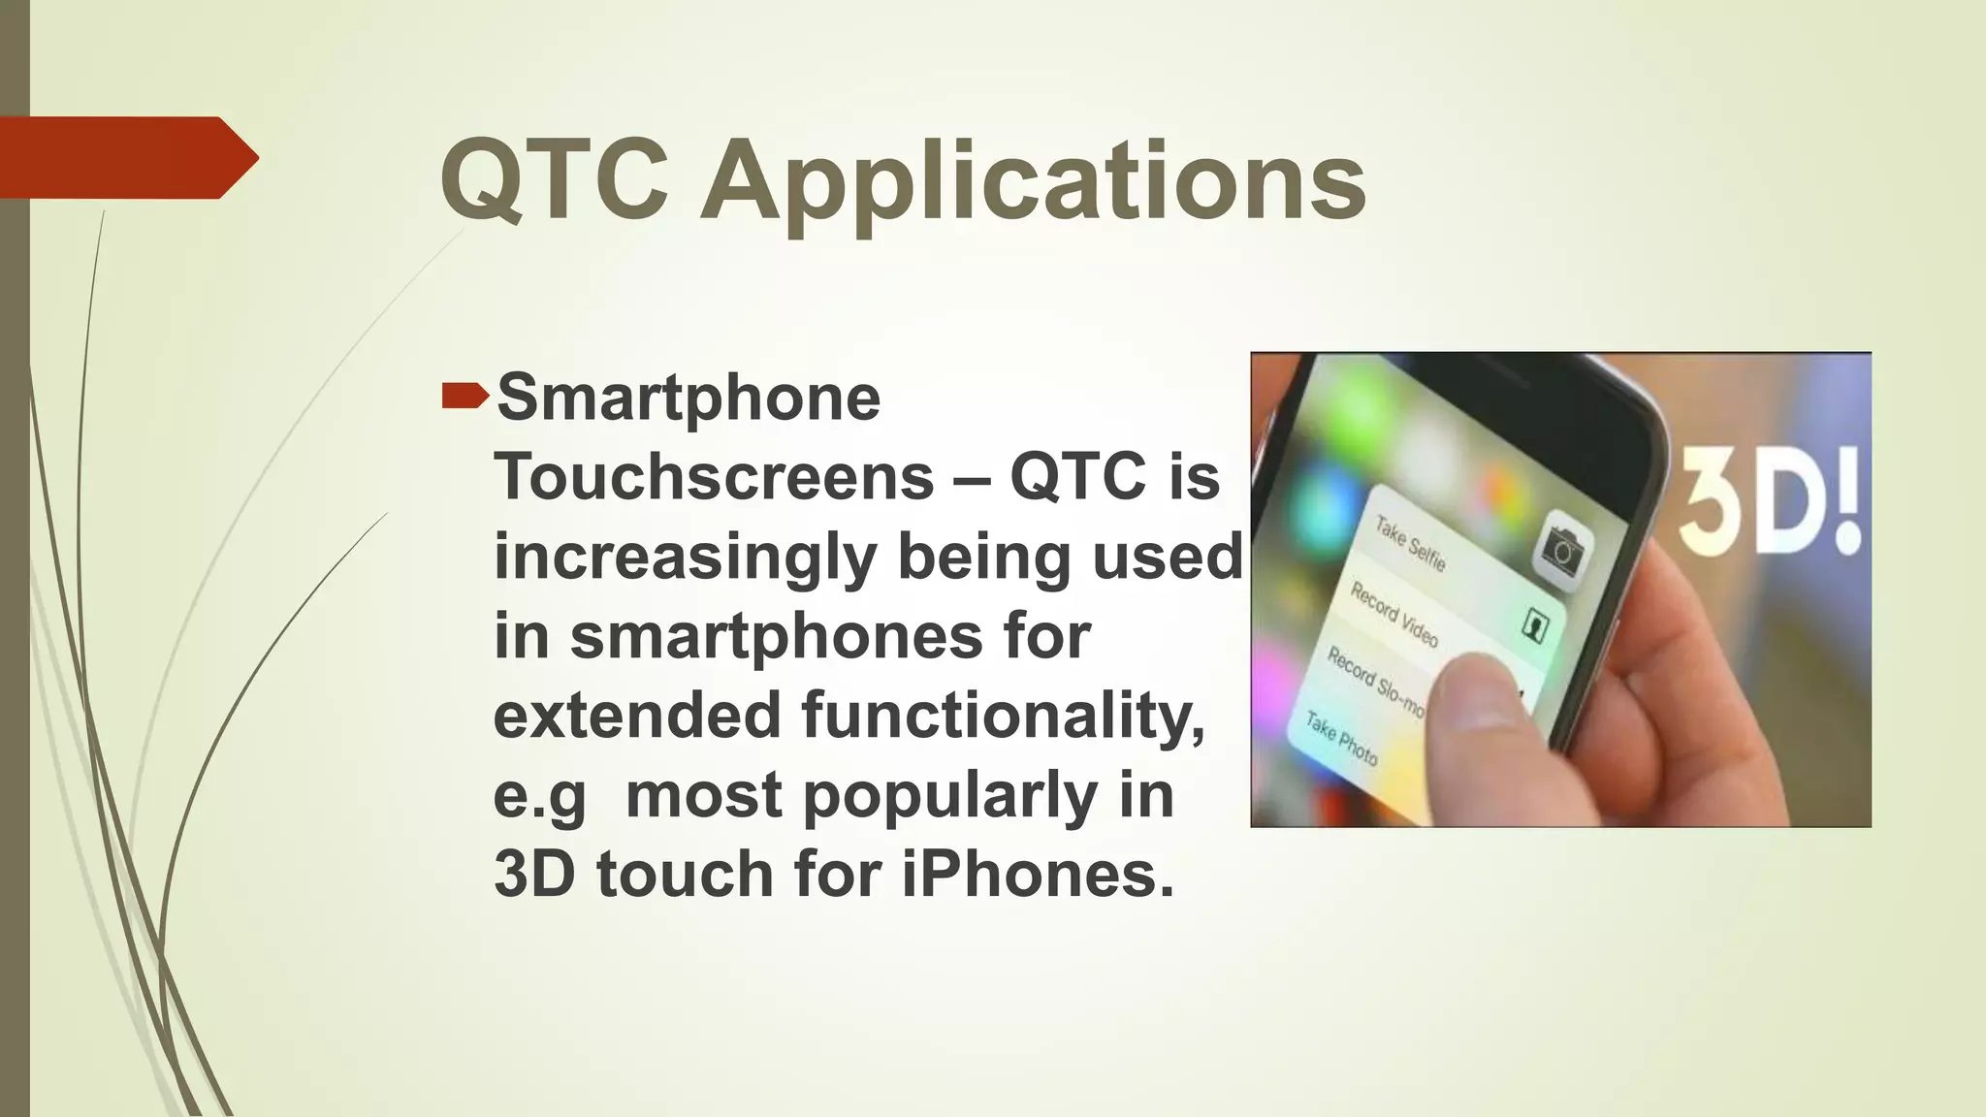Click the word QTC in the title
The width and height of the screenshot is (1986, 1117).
pos(554,180)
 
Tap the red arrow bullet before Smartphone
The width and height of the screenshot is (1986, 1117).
pos(464,396)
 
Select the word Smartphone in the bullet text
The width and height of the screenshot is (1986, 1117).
pos(688,398)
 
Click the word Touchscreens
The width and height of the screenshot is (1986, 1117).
pos(714,477)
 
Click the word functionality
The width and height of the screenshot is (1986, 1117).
pos(1003,716)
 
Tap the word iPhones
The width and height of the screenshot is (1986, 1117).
pos(1038,874)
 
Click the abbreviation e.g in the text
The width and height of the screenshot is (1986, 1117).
pos(540,797)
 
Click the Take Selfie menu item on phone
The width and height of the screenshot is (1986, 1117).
pos(1411,544)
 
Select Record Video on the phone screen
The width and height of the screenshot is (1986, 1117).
pos(1393,615)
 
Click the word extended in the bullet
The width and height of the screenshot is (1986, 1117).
pos(637,716)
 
